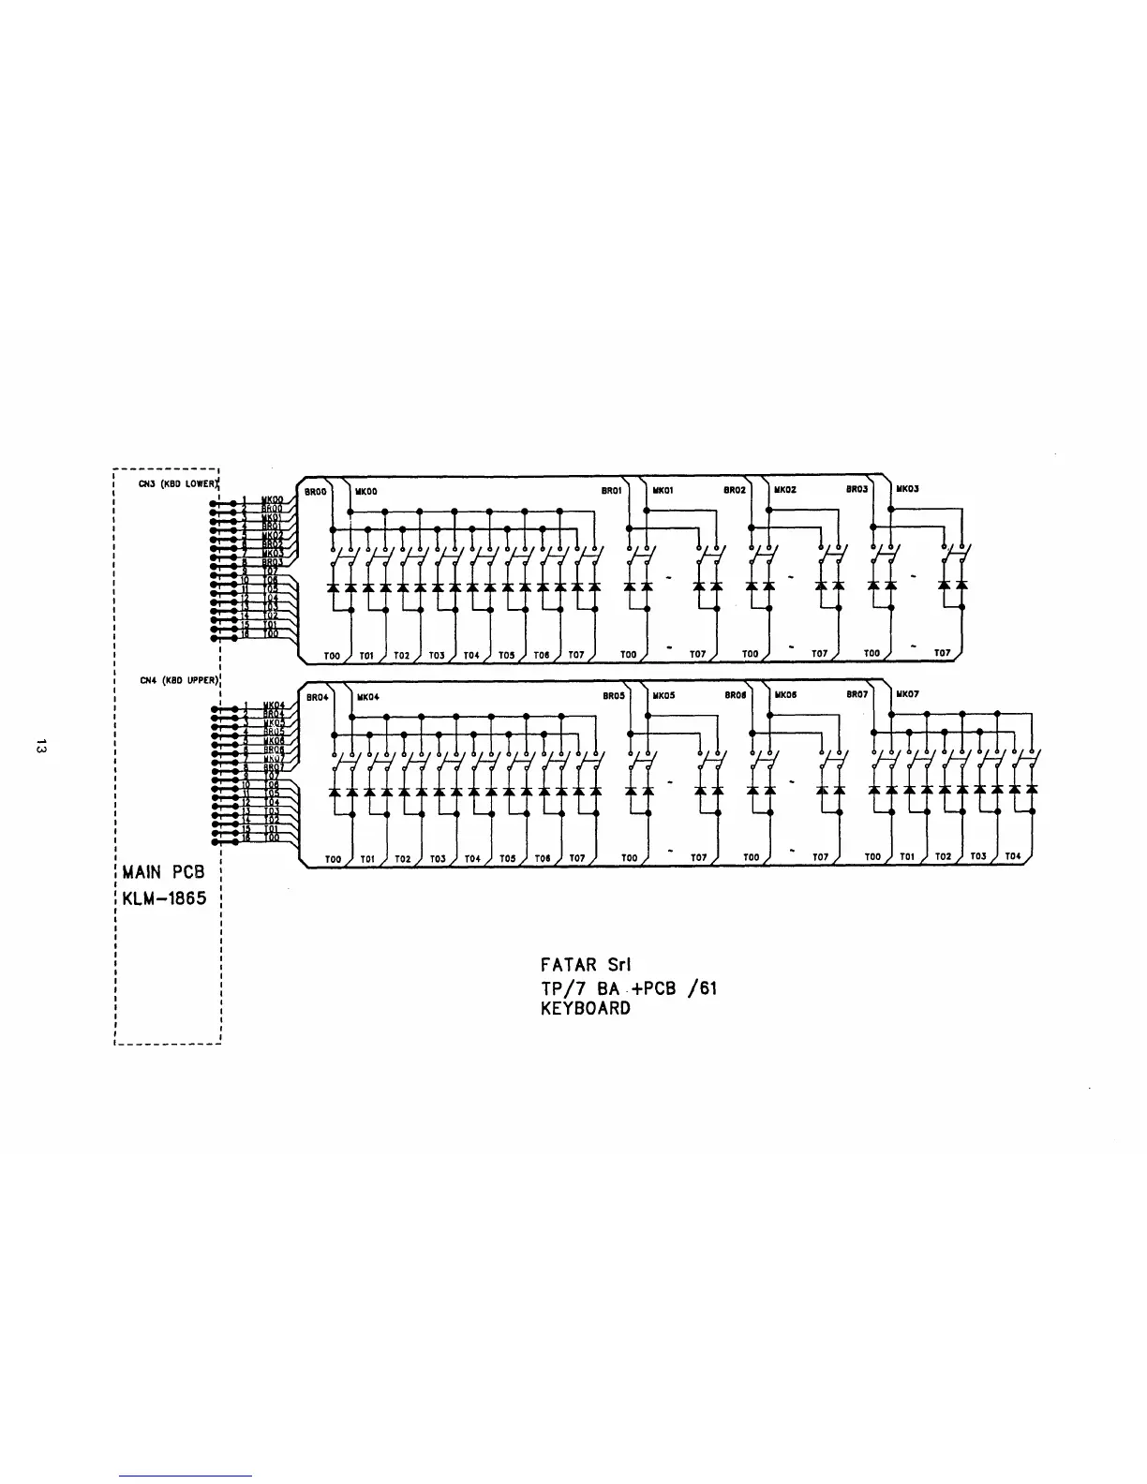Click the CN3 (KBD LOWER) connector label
[176, 483]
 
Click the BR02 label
[736, 489]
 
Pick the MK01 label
[663, 489]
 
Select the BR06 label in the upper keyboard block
[736, 696]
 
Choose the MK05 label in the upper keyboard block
[663, 696]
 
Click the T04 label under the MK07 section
[1012, 857]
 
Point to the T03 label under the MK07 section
[977, 857]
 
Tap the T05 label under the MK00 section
[506, 654]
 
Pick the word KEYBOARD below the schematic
[586, 1009]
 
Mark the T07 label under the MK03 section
[942, 653]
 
